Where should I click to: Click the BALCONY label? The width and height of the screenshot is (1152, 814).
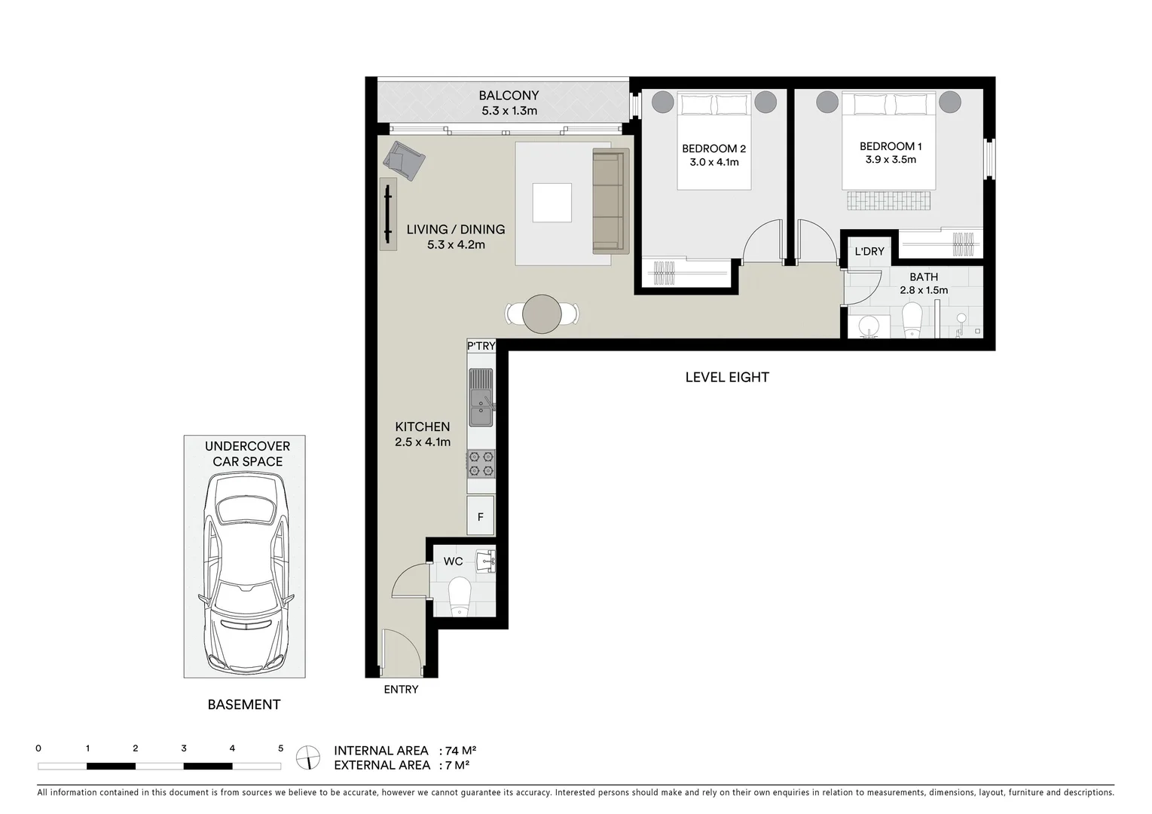point(509,96)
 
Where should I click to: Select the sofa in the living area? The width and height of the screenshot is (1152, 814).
point(610,199)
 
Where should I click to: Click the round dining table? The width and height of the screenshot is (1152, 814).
point(542,314)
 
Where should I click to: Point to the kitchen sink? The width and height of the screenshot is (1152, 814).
point(480,397)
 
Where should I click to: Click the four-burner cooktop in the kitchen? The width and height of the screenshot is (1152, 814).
point(481,463)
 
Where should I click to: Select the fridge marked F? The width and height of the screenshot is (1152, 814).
point(480,516)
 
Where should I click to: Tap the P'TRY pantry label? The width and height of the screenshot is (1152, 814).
point(481,346)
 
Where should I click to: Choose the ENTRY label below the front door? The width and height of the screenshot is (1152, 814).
point(400,689)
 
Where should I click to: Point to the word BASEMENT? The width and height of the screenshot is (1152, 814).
point(243,705)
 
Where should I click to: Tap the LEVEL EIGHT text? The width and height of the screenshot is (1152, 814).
point(726,377)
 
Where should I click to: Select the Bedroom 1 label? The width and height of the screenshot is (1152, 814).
point(890,146)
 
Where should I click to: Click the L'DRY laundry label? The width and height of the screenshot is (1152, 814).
point(869,251)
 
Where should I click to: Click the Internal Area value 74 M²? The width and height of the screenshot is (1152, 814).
point(461,751)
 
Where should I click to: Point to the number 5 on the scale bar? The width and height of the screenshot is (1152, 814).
point(280,748)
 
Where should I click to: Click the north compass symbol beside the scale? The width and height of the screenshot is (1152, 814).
point(307,757)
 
